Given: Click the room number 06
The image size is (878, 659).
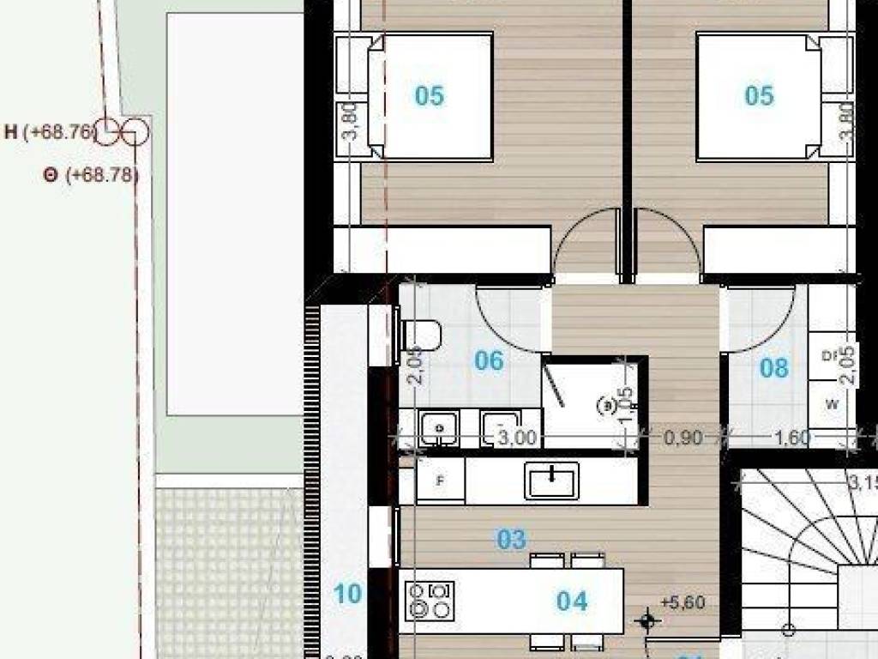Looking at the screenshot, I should click(489, 360).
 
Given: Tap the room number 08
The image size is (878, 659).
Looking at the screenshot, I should click(773, 369).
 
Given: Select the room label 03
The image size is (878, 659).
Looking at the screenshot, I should click(511, 540).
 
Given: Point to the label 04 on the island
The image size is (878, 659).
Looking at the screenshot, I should click(572, 602).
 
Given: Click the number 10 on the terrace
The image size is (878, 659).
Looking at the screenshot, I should click(347, 594).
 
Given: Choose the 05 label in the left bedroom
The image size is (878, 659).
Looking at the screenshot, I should click(429, 95).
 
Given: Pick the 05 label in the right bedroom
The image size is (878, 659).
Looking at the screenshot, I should click(759, 95).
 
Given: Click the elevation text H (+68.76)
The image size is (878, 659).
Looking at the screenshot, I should click(50, 132).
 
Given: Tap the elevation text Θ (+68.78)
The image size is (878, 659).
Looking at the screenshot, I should click(91, 175).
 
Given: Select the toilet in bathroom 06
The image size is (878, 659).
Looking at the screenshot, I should click(421, 335).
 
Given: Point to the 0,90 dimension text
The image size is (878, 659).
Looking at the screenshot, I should click(683, 438).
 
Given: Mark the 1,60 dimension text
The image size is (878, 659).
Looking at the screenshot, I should click(791, 438).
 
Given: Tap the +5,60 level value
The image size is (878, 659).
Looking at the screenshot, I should click(683, 603).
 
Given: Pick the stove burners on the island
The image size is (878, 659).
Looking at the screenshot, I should click(430, 600).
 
